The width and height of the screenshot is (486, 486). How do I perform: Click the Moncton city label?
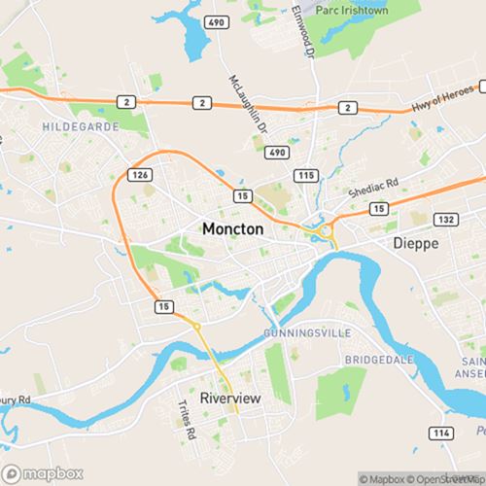[x=232, y=227]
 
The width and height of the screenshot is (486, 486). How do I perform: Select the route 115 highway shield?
[x=308, y=174]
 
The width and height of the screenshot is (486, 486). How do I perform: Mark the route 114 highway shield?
[x=443, y=432]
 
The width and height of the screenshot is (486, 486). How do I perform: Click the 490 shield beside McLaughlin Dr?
[x=278, y=153]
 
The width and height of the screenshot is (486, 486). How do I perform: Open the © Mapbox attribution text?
[x=384, y=478]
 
